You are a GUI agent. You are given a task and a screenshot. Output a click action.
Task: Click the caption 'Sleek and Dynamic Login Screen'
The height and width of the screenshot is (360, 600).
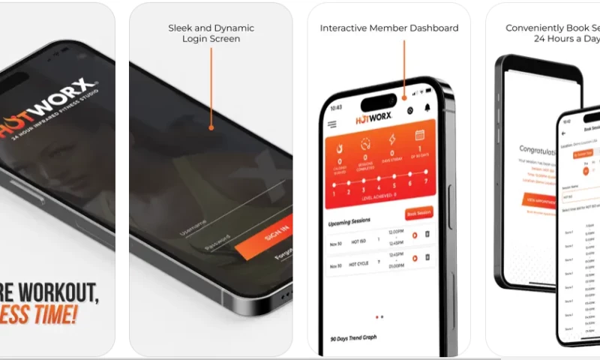(211, 33)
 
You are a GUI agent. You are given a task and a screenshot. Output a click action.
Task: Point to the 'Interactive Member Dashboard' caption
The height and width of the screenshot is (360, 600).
(388, 28)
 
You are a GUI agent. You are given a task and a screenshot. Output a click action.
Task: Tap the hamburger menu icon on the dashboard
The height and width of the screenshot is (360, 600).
(332, 124)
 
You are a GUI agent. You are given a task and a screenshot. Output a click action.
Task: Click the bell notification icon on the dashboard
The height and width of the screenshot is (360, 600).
(427, 109)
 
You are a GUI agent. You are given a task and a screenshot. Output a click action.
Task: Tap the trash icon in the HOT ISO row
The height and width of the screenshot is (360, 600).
(427, 235)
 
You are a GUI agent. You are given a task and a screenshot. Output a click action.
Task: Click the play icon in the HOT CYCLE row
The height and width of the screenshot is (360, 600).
(414, 259)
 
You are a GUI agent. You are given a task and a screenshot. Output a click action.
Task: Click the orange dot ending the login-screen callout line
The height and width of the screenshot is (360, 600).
(211, 127)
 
